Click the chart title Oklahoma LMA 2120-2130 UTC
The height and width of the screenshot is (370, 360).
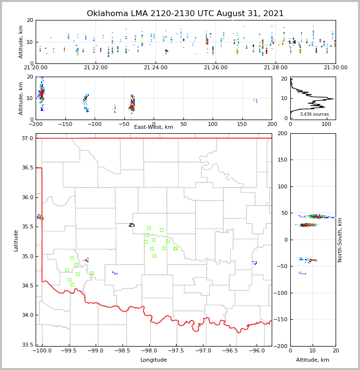[185, 14]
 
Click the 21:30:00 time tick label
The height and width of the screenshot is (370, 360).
[336, 67]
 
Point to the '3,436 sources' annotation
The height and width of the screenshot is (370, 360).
[314, 114]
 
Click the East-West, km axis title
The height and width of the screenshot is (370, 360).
[154, 127]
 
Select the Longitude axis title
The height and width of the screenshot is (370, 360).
[154, 360]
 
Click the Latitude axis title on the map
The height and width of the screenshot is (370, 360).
[16, 240]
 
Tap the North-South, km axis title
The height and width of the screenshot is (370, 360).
[340, 240]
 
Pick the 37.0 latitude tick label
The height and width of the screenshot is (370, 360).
[27, 139]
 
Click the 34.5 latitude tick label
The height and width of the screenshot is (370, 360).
[27, 286]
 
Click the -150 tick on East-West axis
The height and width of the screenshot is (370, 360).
[65, 124]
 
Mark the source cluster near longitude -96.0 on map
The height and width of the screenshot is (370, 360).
[255, 263]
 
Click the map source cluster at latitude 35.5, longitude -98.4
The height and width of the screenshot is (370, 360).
[132, 225]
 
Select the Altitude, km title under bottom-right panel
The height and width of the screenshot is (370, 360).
[313, 360]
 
